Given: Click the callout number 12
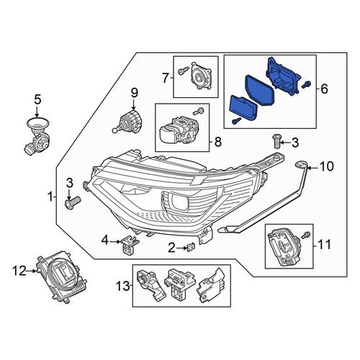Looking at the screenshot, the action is coord(19,271).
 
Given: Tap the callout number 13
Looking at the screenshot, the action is coord(123,286).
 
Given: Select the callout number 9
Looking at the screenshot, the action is coord(134,93).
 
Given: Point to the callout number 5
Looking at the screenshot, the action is coord(37,100).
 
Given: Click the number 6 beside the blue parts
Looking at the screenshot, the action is coord(324,89).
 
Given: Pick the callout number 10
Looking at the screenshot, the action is coord(327,166).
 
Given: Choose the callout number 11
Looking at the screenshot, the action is coord(324,245).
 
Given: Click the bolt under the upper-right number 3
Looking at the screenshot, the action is coord(276,142).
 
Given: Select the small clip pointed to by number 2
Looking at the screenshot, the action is coord(191,247).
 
